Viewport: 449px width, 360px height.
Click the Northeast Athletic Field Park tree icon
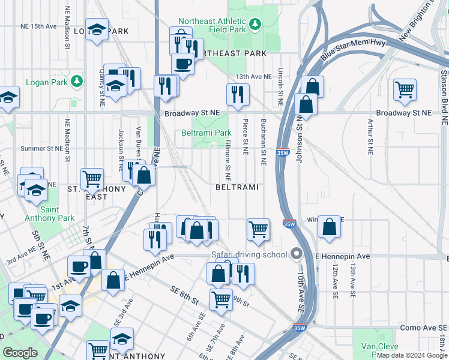coord(256,24)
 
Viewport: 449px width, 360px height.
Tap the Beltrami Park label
coord(206,133)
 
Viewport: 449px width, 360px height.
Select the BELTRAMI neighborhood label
coord(237,187)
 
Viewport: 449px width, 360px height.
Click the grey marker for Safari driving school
coord(295,254)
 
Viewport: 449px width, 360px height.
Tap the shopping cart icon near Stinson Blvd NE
coord(405,90)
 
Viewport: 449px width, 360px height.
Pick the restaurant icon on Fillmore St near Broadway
coord(238,94)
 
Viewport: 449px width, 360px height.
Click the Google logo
coord(20,353)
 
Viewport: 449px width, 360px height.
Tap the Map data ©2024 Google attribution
coord(412,355)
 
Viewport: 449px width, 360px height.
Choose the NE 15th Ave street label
coord(37,26)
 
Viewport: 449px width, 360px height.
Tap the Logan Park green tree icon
coord(76,81)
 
